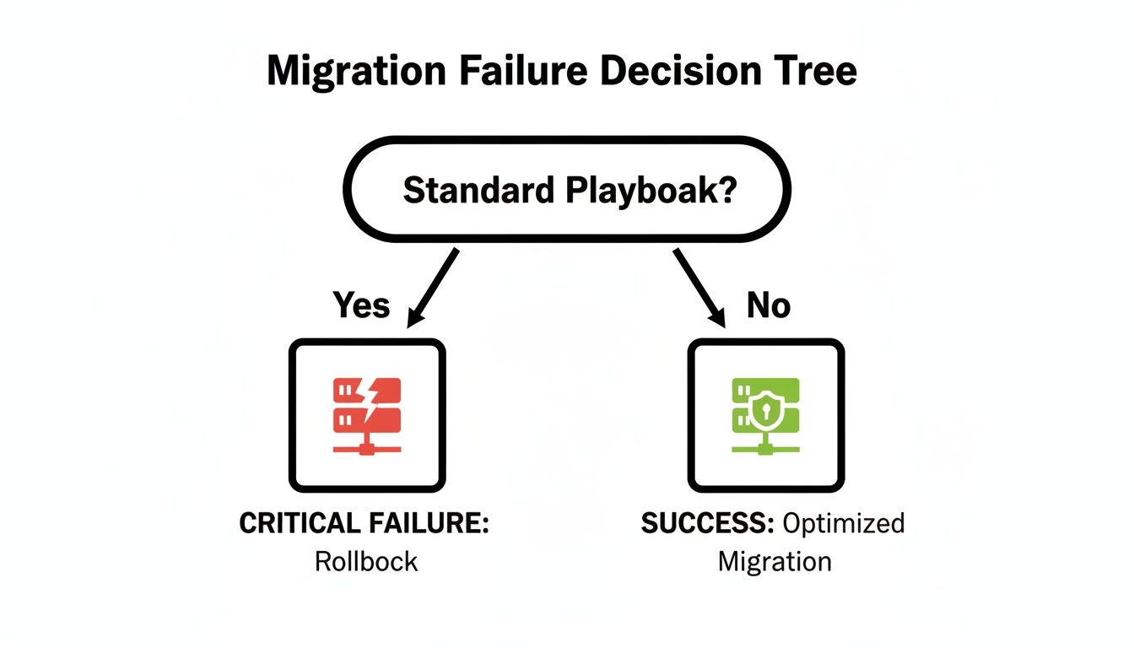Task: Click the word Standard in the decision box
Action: click(476, 191)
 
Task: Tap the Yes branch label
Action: click(361, 305)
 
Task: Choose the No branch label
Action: click(768, 305)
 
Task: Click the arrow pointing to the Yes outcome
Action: click(433, 287)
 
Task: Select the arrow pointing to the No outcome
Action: click(699, 287)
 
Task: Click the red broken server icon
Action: click(367, 416)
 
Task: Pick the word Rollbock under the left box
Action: click(366, 562)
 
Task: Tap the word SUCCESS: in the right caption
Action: click(707, 524)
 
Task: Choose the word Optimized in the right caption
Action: click(843, 524)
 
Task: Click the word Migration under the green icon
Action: click(775, 562)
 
